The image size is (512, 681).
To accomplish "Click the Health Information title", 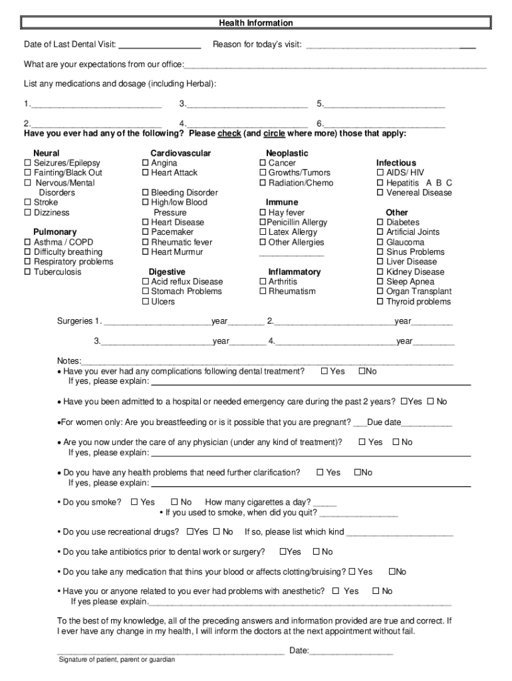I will [x=256, y=23].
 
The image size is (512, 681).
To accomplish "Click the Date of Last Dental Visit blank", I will [x=160, y=45].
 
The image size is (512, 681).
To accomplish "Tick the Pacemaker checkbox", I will [x=146, y=232].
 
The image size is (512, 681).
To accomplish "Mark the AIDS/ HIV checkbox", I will [x=380, y=173].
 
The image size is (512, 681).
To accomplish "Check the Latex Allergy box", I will [x=263, y=232].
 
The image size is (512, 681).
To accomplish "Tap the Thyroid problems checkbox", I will [x=380, y=302].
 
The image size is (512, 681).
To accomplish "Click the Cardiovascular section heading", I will [x=181, y=154].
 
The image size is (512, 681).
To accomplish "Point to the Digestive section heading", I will [x=167, y=272].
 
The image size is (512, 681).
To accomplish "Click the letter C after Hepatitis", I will [x=449, y=183].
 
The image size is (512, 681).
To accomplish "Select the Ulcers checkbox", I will [x=146, y=302].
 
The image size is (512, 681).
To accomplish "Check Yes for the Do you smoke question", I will [x=134, y=502].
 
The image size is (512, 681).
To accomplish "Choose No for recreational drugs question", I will [x=216, y=532].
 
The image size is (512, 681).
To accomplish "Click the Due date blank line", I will [x=427, y=423].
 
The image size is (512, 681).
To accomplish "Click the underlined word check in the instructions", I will [x=229, y=134].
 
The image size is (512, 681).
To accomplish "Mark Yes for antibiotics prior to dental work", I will [x=283, y=552].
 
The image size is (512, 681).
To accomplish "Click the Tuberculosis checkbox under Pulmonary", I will [x=28, y=272].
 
